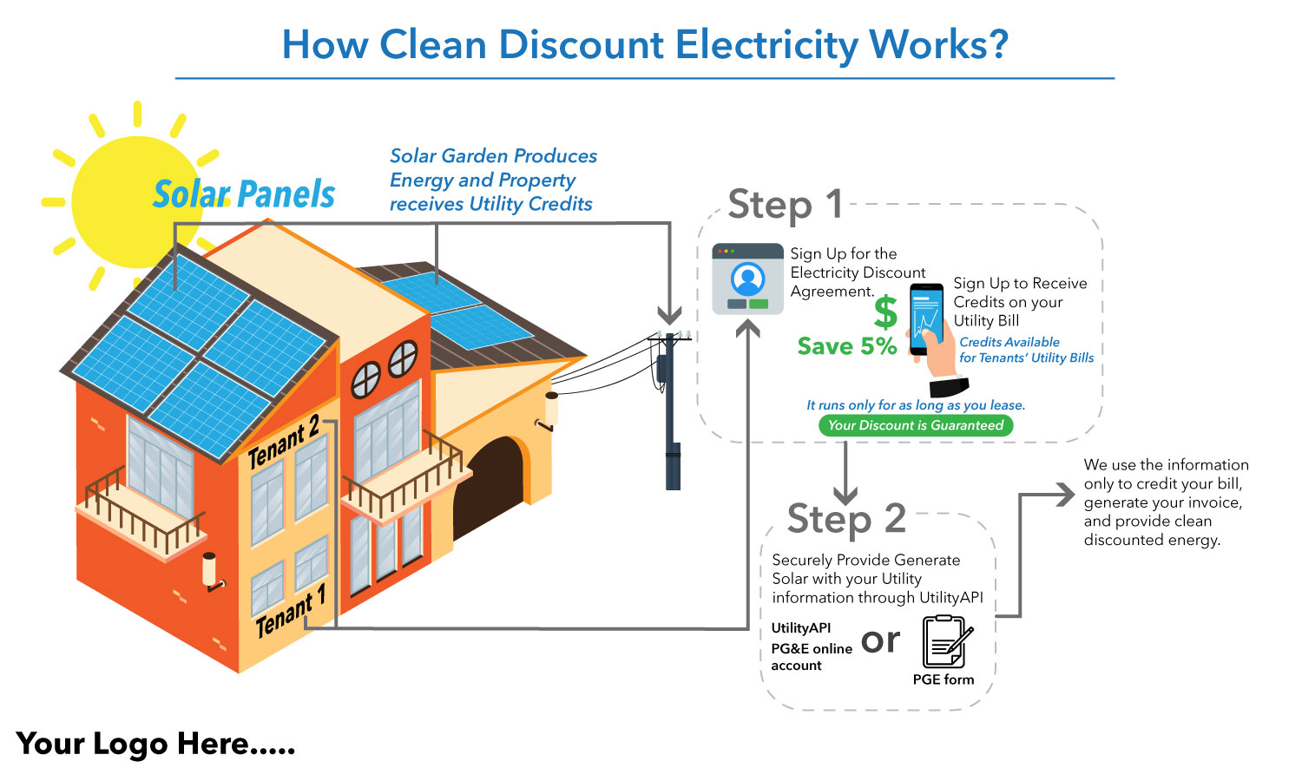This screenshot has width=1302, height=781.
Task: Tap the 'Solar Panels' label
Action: (244, 194)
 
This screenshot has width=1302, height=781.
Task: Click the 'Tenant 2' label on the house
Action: (284, 441)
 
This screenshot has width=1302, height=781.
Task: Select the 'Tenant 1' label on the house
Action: (291, 610)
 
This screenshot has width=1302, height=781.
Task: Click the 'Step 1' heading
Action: (786, 205)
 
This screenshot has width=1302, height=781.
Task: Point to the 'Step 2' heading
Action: (846, 519)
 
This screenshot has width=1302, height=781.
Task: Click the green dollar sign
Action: (885, 312)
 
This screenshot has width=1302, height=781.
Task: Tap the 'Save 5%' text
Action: (847, 346)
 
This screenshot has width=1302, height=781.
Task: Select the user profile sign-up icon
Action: (747, 279)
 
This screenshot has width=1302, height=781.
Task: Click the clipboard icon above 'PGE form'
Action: (946, 641)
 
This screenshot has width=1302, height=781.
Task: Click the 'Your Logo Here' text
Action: (156, 745)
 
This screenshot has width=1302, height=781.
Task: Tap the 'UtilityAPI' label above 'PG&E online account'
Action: (800, 627)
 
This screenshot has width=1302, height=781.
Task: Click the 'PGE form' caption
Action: (944, 679)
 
